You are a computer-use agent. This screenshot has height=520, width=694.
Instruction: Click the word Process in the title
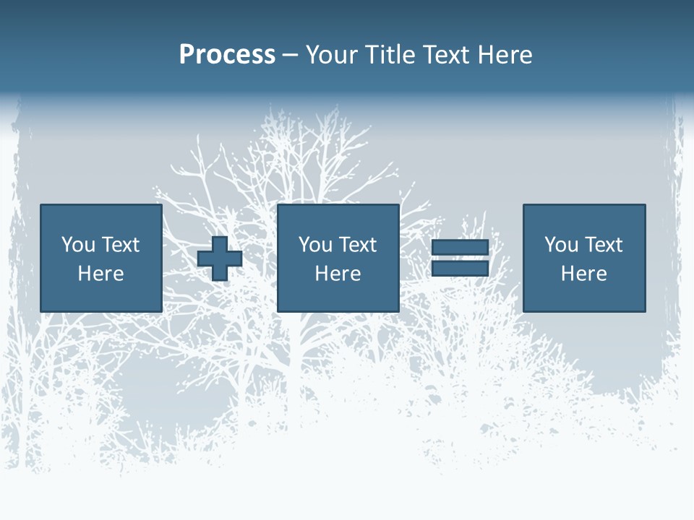tap(227, 55)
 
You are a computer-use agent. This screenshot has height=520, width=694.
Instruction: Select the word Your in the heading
tap(332, 55)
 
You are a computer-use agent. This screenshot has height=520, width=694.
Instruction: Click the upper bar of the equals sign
tap(460, 248)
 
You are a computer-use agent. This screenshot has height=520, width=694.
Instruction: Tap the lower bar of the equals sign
tap(460, 268)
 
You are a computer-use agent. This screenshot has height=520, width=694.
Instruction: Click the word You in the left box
tap(78, 245)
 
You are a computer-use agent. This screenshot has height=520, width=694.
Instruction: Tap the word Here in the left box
tap(100, 274)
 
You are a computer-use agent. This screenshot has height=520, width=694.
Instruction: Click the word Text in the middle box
tap(358, 245)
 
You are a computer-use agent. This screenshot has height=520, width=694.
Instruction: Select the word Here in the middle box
tap(338, 274)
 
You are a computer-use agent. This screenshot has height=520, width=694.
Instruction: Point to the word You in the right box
tap(561, 245)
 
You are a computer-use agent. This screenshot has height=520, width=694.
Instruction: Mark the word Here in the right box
tap(583, 274)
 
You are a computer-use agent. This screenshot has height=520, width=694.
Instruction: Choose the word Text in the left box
tap(121, 245)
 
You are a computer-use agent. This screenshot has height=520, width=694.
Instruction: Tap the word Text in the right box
tap(604, 245)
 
